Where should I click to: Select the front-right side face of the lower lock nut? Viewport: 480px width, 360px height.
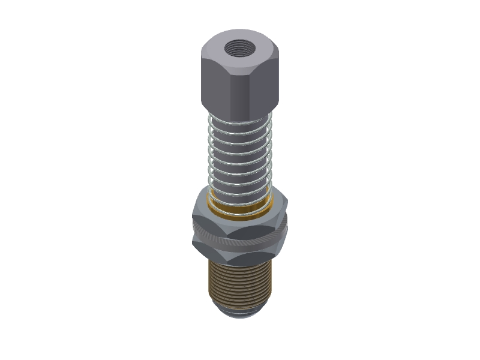point(267,251)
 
